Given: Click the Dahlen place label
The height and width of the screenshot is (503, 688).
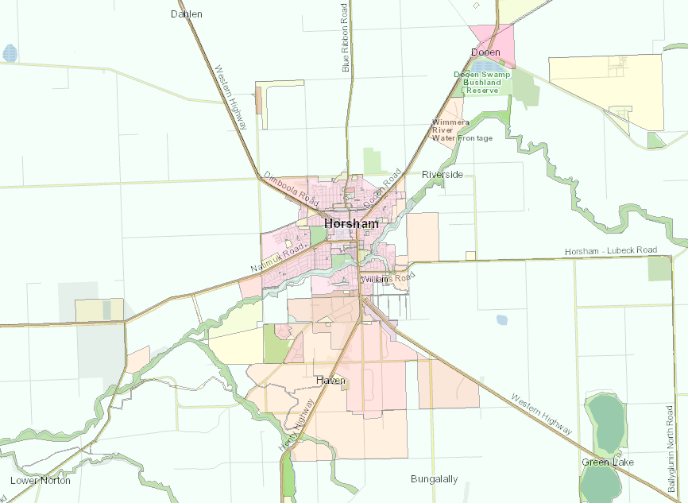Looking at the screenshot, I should point(187,14).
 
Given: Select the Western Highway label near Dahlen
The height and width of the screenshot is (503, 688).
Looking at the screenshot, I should point(231,96).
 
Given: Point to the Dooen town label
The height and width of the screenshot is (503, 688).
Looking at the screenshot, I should point(485,52).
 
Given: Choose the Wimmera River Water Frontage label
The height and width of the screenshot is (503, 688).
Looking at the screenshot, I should point(462,130).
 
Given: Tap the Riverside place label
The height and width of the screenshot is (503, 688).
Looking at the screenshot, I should point(443,174).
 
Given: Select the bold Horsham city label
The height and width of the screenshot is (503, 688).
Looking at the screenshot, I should point(350,224).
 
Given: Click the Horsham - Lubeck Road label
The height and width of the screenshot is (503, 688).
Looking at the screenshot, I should point(611,251).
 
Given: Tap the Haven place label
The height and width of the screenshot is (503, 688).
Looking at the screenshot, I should point(330,381).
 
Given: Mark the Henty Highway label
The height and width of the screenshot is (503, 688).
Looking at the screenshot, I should point(297,426).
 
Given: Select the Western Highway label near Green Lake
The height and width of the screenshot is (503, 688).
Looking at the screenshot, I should point(541,413).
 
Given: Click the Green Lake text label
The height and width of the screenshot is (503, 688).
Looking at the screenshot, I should point(606,462).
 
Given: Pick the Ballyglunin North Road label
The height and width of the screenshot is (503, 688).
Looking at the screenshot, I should point(671,450).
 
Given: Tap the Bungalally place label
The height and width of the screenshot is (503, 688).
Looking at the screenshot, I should point(434,479).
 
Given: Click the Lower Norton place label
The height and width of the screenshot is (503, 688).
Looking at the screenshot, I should point(41,480).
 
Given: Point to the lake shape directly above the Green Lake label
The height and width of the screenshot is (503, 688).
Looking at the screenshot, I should point(605,420).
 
